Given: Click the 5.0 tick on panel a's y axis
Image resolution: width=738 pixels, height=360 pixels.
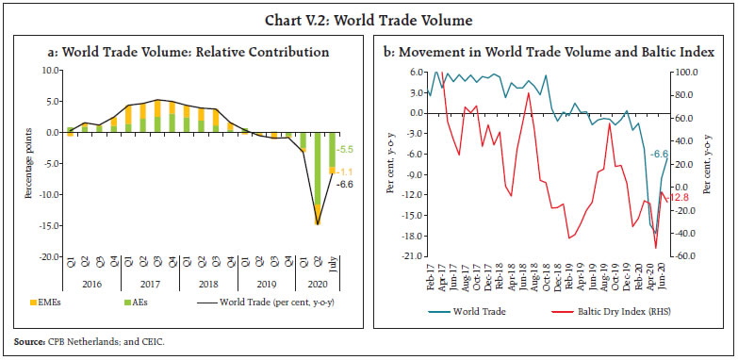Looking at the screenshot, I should (x=51, y=102).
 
